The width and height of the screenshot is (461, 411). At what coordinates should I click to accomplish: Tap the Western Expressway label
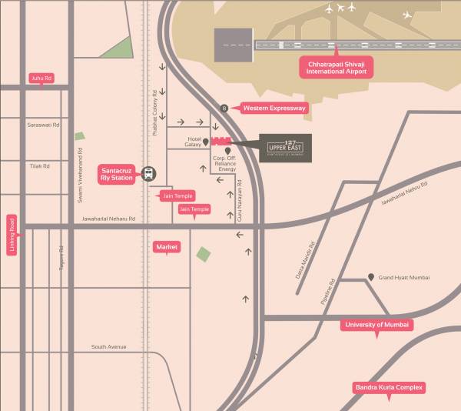274,109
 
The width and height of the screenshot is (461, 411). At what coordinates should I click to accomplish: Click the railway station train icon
148,175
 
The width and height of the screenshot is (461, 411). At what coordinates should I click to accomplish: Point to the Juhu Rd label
41,78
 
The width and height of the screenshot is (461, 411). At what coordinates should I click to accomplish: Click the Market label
167,246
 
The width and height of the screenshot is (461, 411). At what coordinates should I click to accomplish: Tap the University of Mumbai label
377,325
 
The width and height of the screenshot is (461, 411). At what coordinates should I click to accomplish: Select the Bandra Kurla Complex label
389,387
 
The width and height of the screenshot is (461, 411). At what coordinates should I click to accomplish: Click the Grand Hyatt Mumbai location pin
372,276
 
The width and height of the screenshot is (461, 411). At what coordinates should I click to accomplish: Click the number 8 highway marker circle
224,109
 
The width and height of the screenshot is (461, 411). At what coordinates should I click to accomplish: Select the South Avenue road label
108,347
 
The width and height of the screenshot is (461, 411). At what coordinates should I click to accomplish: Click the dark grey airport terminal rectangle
234,45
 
